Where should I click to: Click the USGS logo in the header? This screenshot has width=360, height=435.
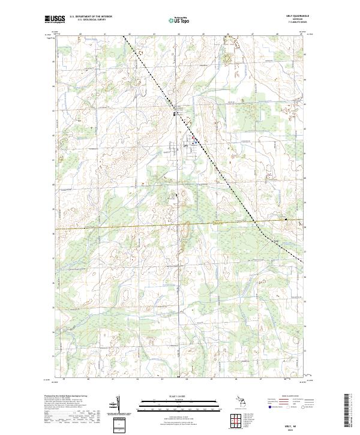click(55, 19)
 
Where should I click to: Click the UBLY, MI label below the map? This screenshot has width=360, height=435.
click(299, 424)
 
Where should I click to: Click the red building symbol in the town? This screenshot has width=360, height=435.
click(193, 142)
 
